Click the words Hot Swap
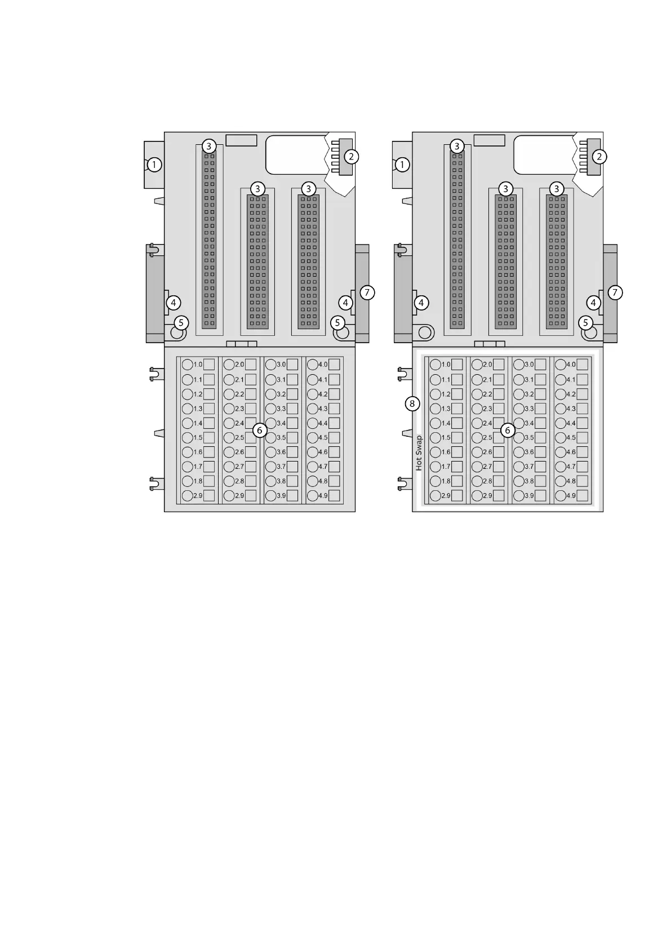[419, 453]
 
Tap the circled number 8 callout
[412, 403]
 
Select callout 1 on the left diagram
[154, 165]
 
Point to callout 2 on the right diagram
[599, 156]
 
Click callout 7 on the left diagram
[367, 292]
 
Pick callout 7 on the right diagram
[615, 292]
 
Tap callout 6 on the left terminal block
[259, 430]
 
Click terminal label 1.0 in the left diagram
[198, 365]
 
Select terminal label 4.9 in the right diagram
[571, 496]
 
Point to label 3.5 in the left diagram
[281, 437]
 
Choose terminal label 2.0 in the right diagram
[487, 365]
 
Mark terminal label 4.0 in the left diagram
[323, 365]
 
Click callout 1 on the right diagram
[402, 165]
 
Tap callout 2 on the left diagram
[351, 156]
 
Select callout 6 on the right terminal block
[507, 430]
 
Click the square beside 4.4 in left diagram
[334, 423]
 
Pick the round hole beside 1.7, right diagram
[435, 467]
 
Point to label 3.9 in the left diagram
[281, 496]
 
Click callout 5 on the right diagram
[586, 323]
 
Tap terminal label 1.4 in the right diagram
[446, 423]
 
